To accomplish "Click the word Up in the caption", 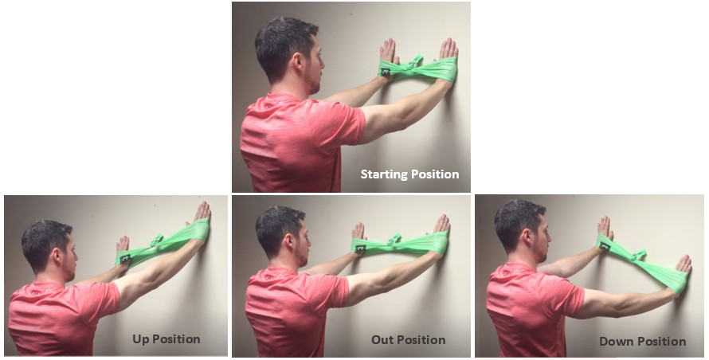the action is pyautogui.click(x=141, y=339).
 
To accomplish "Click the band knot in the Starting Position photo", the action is pyautogui.click(x=416, y=62).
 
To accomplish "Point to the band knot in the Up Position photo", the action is pyautogui.click(x=158, y=240).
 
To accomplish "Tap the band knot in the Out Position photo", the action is pyautogui.click(x=394, y=240).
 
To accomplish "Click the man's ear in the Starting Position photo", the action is pyautogui.click(x=298, y=62).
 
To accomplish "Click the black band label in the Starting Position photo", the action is pyautogui.click(x=386, y=72).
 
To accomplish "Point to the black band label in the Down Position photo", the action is pyautogui.click(x=605, y=247).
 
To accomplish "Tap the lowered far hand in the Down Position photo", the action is pyautogui.click(x=684, y=267).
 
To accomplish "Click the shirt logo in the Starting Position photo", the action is pyautogui.click(x=269, y=106).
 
